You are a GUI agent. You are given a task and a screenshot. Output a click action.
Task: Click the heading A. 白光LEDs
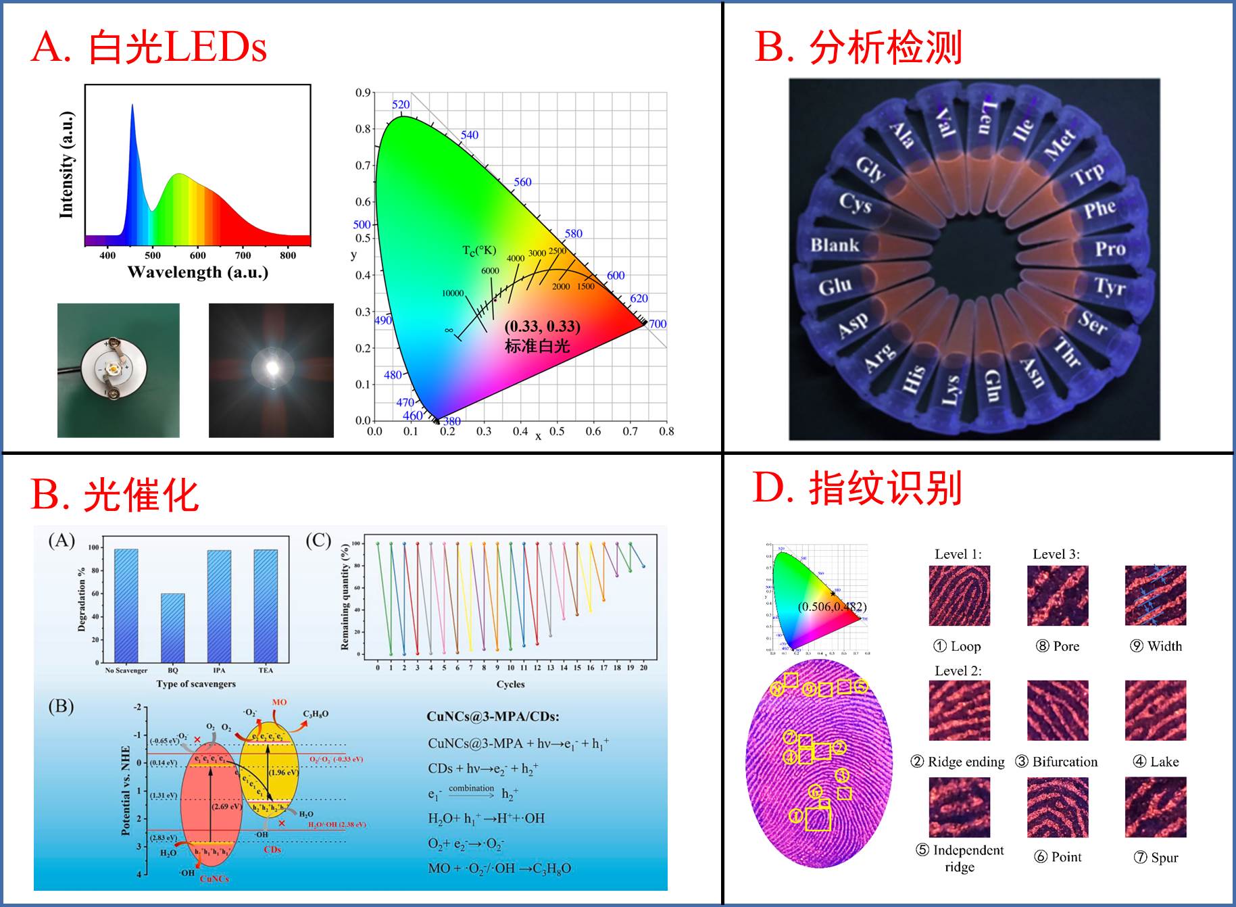click(x=149, y=47)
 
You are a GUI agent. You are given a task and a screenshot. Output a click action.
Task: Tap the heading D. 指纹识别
click(x=857, y=488)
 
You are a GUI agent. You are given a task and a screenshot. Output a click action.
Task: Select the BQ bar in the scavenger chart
click(x=172, y=628)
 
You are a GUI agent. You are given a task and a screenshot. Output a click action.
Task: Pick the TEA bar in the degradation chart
click(x=266, y=606)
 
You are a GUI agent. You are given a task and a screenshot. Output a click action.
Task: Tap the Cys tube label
click(x=855, y=202)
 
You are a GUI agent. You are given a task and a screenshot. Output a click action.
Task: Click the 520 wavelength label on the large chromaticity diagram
click(x=401, y=104)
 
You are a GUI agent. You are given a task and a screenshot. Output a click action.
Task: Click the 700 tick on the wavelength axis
click(x=243, y=255)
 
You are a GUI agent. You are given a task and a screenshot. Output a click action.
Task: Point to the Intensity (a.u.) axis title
click(x=66, y=165)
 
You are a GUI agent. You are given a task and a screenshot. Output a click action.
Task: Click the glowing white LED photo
click(x=271, y=370)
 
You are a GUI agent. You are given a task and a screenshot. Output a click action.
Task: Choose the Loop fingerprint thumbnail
click(x=959, y=595)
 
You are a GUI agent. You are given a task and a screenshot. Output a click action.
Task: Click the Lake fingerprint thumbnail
click(x=1155, y=710)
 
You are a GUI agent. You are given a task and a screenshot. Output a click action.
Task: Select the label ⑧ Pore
click(x=1058, y=646)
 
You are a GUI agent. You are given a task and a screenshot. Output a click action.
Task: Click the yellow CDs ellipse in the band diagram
click(x=270, y=771)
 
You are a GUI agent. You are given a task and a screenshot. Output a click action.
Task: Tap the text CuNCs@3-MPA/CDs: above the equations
click(x=493, y=717)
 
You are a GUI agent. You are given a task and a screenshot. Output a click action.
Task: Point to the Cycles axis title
click(x=510, y=684)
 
